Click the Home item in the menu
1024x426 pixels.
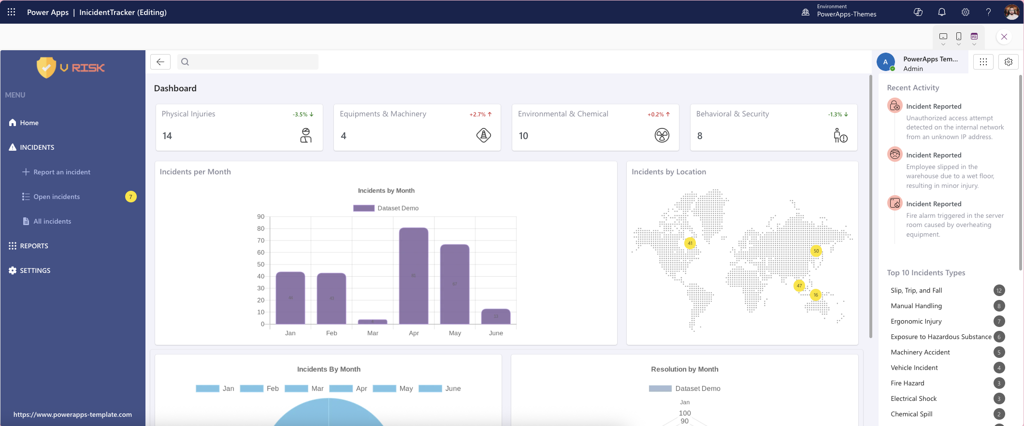(x=29, y=123)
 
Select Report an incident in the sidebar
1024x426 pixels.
(x=61, y=172)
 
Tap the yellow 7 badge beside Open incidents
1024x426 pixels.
(x=130, y=197)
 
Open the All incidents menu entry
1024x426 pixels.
(x=52, y=221)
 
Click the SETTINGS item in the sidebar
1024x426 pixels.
(x=35, y=270)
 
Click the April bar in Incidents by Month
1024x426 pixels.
(x=414, y=275)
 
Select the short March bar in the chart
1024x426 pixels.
(x=372, y=322)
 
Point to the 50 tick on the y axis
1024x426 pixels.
(x=261, y=264)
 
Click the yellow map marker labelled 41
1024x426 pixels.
(x=690, y=243)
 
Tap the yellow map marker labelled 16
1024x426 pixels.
(x=816, y=295)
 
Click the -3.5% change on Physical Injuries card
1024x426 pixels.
(x=303, y=114)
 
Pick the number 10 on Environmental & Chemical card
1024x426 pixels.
(x=523, y=136)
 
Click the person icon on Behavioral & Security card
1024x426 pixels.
(x=840, y=136)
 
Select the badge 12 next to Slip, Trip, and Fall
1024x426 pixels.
(x=999, y=290)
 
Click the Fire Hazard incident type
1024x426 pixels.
(x=907, y=383)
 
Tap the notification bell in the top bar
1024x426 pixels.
(x=942, y=12)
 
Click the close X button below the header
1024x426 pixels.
(x=1004, y=37)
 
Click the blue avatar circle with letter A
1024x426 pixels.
(x=885, y=62)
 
